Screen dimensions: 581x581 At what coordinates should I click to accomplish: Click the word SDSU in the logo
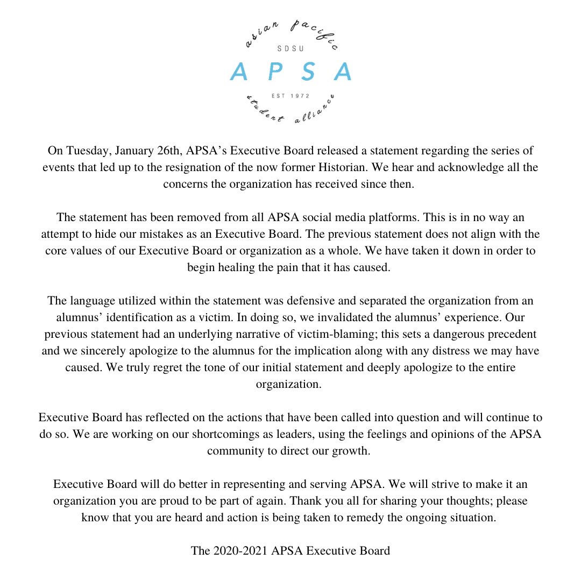pyautogui.click(x=290, y=48)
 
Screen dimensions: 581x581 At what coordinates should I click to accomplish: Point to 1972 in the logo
pyautogui.click(x=299, y=97)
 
